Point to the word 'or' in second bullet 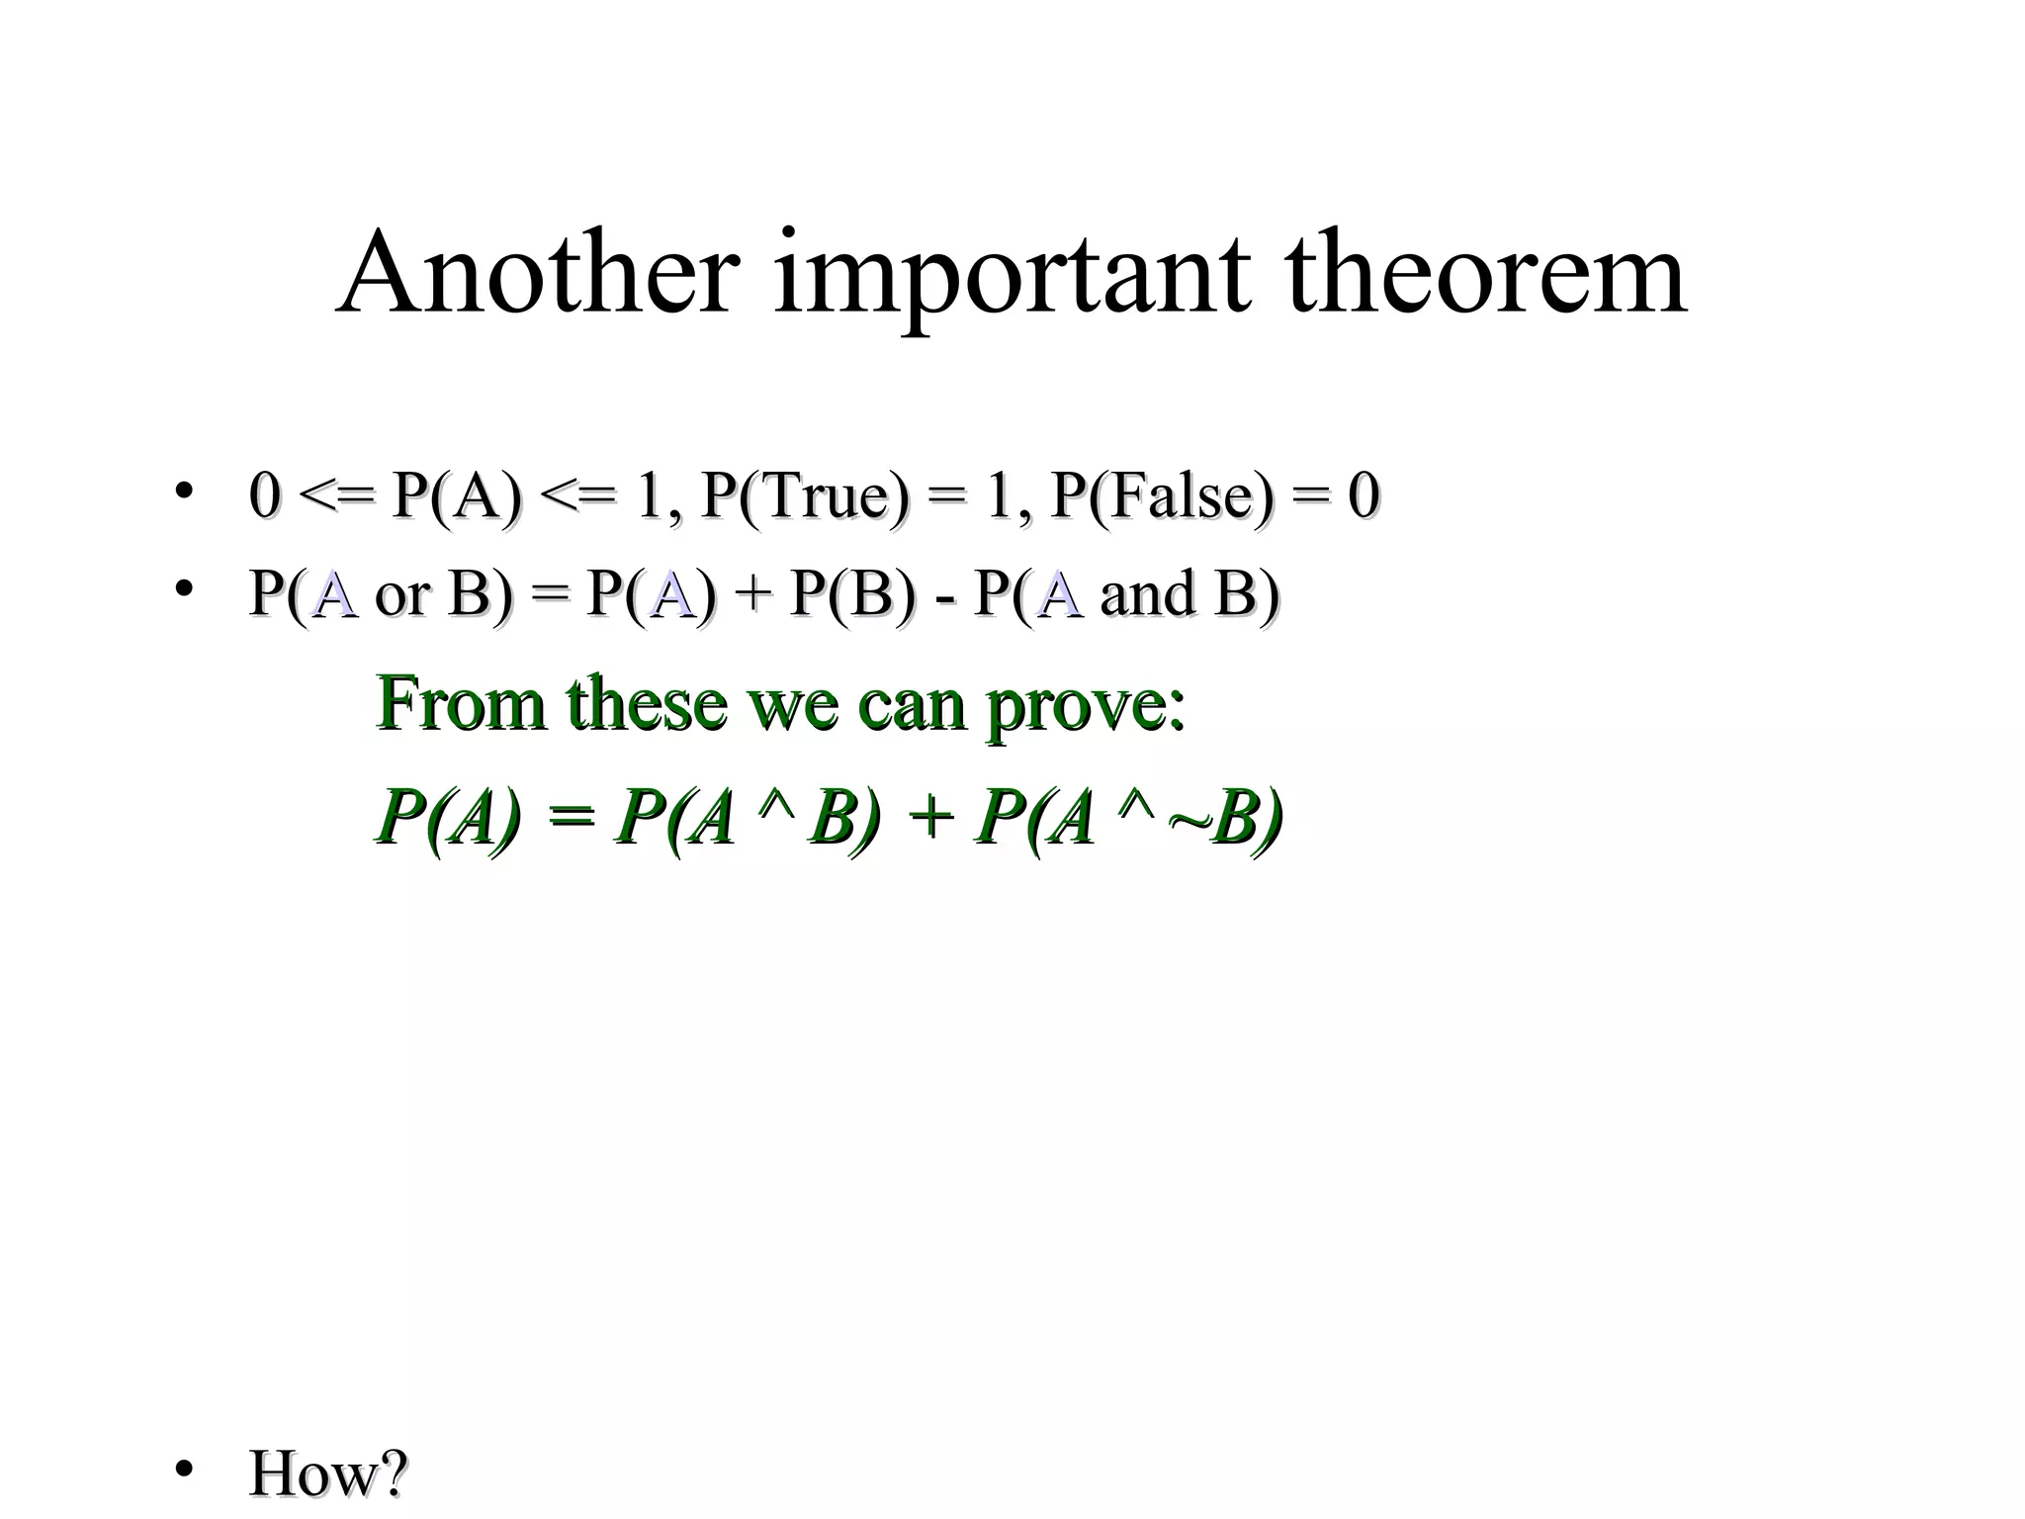pyautogui.click(x=402, y=596)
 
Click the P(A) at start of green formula pyautogui.click(x=448, y=820)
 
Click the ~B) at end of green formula pyautogui.click(x=1225, y=820)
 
